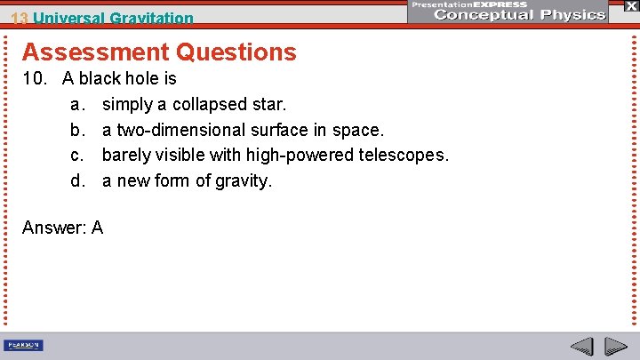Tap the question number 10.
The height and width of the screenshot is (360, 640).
(36, 78)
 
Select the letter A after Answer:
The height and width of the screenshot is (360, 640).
(97, 228)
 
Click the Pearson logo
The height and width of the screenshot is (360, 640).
(24, 346)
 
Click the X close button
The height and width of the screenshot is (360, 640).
(630, 5)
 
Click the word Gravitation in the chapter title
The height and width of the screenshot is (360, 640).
(152, 18)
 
